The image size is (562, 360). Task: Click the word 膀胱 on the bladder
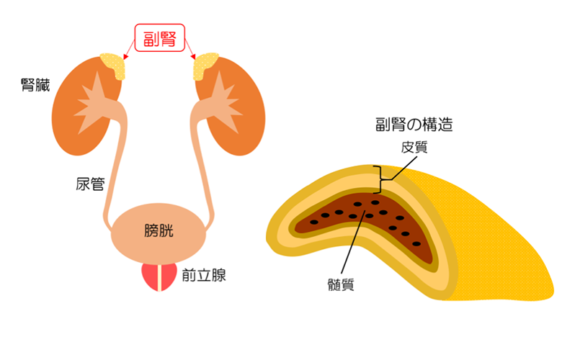(159, 231)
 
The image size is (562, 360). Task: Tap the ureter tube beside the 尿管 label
(114, 180)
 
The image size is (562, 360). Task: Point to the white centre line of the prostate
(159, 277)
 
